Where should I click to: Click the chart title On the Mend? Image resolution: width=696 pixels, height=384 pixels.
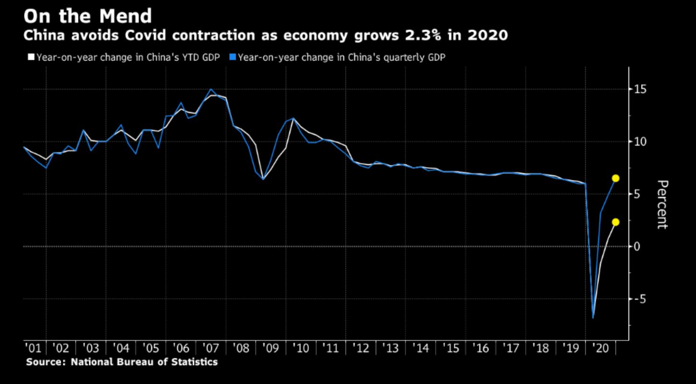pyautogui.click(x=87, y=16)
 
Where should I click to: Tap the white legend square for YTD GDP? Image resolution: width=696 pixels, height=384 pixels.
pyautogui.click(x=31, y=58)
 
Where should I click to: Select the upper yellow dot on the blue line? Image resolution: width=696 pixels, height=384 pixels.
pyautogui.click(x=615, y=178)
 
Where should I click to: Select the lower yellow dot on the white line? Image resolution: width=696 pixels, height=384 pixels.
pyautogui.click(x=615, y=222)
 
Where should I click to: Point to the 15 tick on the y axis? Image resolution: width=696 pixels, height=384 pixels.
pyautogui.click(x=639, y=89)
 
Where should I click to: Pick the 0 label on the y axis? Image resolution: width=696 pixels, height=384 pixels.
pyautogui.click(x=636, y=247)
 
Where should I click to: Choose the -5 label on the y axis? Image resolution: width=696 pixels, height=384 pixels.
pyautogui.click(x=638, y=299)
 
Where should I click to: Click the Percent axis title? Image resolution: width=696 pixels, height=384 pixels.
pyautogui.click(x=662, y=205)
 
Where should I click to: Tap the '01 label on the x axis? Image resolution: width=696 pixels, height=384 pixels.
pyautogui.click(x=32, y=348)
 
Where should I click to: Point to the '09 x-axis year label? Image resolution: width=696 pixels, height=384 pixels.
pyautogui.click(x=271, y=348)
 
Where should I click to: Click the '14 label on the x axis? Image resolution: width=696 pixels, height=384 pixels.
pyautogui.click(x=420, y=348)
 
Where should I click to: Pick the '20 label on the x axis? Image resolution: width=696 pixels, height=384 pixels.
pyautogui.click(x=600, y=348)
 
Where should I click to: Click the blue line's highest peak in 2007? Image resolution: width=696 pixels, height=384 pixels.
pyautogui.click(x=211, y=89)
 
